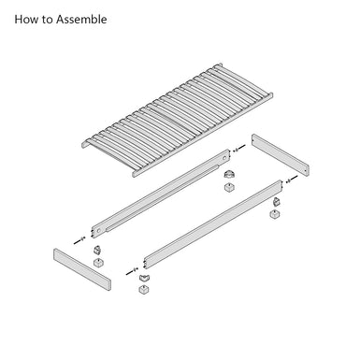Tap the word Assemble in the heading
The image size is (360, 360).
tap(88, 19)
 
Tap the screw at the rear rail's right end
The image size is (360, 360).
tap(239, 147)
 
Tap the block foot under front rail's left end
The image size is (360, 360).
tap(144, 292)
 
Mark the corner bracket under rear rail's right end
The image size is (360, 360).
tap(228, 173)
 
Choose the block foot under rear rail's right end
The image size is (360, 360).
tap(229, 187)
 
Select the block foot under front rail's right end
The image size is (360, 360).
tap(277, 214)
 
